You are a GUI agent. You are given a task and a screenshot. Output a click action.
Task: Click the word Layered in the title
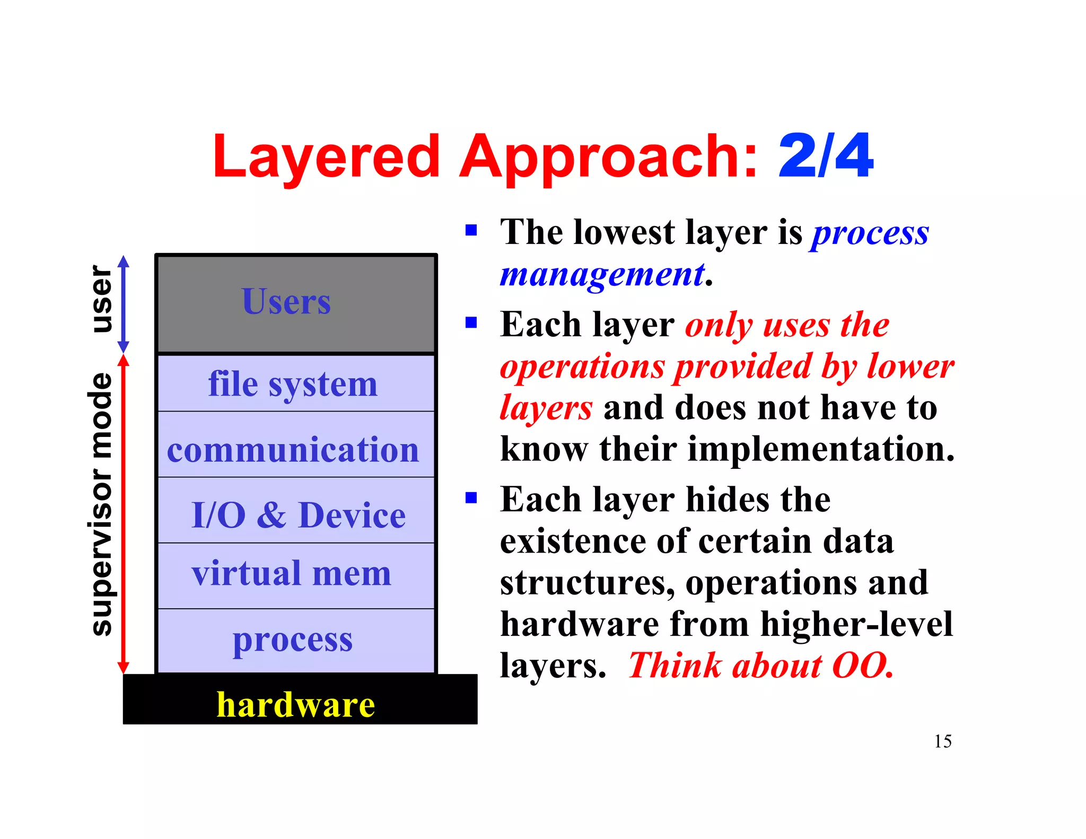pyautogui.click(x=326, y=156)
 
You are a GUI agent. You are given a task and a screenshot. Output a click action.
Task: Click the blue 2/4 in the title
pyautogui.click(x=825, y=156)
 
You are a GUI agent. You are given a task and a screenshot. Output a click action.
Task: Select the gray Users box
pyautogui.click(x=296, y=303)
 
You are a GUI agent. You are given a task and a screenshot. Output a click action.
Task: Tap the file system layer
pyautogui.click(x=296, y=383)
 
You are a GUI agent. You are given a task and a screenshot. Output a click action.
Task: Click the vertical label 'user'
pyautogui.click(x=101, y=300)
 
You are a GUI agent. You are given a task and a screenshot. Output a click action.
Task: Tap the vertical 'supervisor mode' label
pyautogui.click(x=101, y=504)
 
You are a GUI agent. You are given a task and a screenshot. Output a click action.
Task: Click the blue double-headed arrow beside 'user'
pyautogui.click(x=124, y=304)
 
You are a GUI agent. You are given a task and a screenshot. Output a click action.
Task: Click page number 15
pyautogui.click(x=942, y=741)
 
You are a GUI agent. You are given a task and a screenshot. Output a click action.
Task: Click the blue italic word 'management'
pyautogui.click(x=602, y=275)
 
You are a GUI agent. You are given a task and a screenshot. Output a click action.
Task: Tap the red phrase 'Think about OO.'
pyautogui.click(x=761, y=666)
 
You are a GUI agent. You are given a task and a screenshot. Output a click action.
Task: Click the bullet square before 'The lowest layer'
pyautogui.click(x=471, y=230)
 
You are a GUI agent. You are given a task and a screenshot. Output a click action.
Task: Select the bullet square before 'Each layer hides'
pyautogui.click(x=471, y=498)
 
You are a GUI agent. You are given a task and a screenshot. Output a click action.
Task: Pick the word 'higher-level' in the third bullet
pyautogui.click(x=856, y=624)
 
